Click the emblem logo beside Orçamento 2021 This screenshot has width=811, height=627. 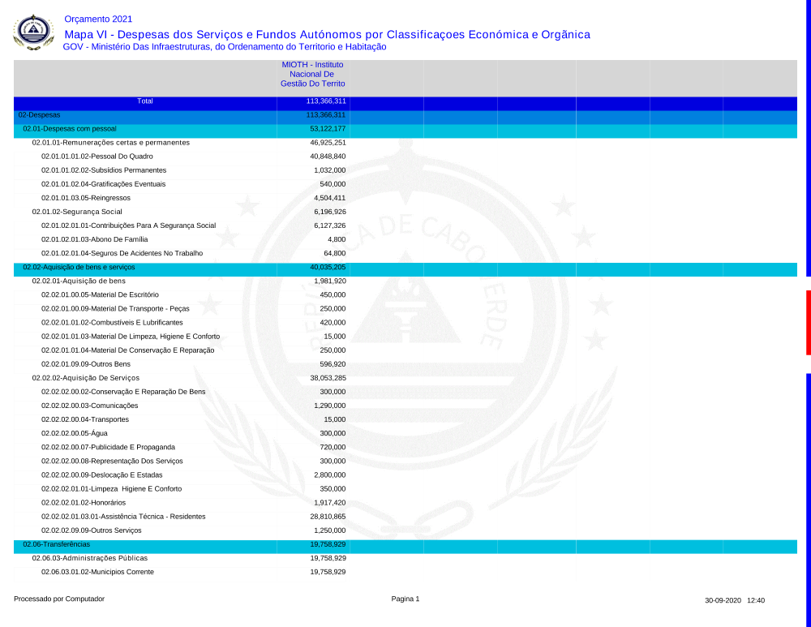tap(34, 32)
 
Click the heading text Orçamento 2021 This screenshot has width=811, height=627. tap(98, 19)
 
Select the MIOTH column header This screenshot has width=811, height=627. tap(312, 74)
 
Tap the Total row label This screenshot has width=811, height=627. tap(145, 101)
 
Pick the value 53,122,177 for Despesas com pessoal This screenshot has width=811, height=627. tap(328, 129)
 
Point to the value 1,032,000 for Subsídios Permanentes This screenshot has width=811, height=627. tap(329, 170)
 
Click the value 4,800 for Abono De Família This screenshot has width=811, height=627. tap(336, 239)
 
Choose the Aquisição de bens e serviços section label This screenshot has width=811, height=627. tap(79, 267)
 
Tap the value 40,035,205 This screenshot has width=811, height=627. tap(328, 267)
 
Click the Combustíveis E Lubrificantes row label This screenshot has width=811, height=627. tap(112, 322)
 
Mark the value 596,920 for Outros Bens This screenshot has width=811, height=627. tap(333, 364)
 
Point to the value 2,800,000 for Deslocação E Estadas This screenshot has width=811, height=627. tap(329, 475)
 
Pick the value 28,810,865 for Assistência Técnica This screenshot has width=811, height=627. tap(328, 516)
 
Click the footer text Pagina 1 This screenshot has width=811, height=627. tap(405, 599)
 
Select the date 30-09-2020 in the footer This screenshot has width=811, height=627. tap(723, 601)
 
